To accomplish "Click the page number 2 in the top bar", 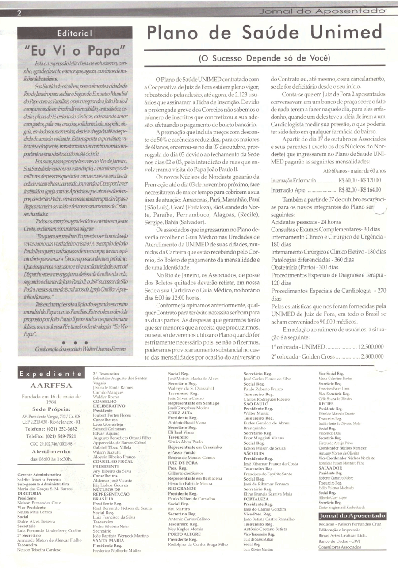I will point(19,12).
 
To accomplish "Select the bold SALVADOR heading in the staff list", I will point(331,469).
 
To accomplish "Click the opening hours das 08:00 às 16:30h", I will point(51,447).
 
